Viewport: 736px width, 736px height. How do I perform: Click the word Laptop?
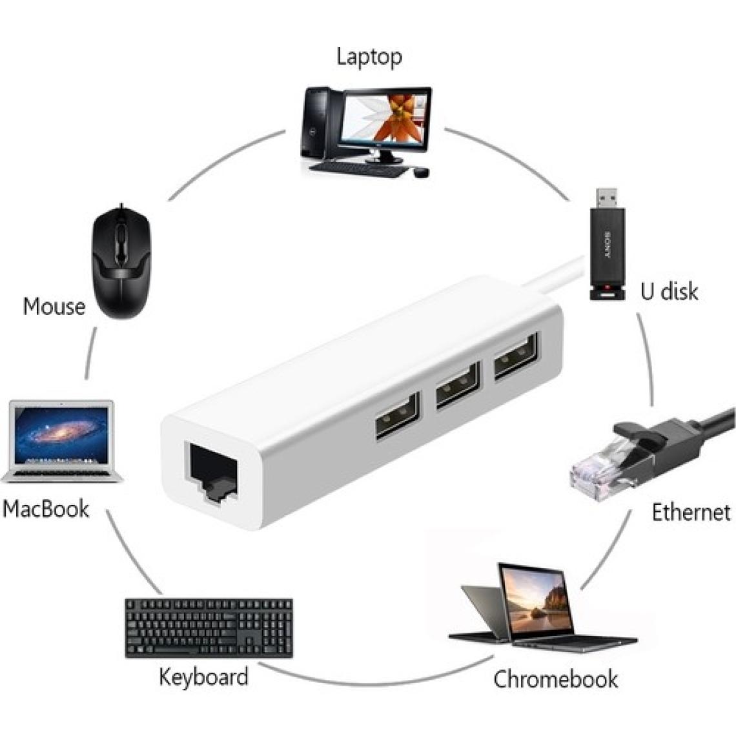click(x=369, y=57)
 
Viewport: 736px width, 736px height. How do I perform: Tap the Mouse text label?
click(x=54, y=306)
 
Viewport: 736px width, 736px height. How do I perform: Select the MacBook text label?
click(x=45, y=508)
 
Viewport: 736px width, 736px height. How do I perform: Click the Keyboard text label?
click(x=203, y=677)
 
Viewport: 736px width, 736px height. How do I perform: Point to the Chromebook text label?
click(x=555, y=679)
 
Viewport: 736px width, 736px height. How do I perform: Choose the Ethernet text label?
click(x=691, y=513)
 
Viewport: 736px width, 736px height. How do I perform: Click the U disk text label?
click(x=669, y=291)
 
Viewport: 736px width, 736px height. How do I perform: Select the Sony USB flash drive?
click(x=607, y=249)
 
